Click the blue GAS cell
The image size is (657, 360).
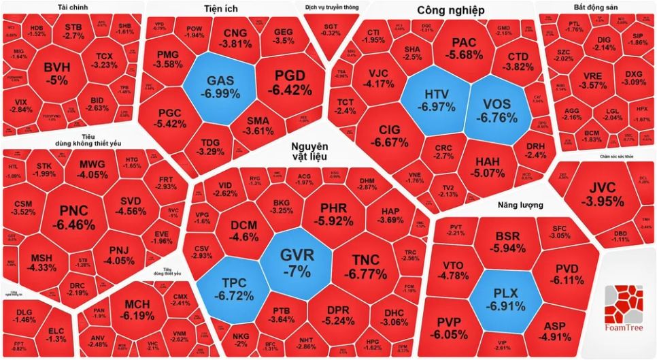click(220, 86)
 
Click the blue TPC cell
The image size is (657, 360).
click(235, 286)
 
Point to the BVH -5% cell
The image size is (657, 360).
click(56, 72)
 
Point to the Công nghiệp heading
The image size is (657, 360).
click(450, 10)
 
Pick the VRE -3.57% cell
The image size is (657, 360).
click(591, 80)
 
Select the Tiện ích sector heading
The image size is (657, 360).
click(220, 9)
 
